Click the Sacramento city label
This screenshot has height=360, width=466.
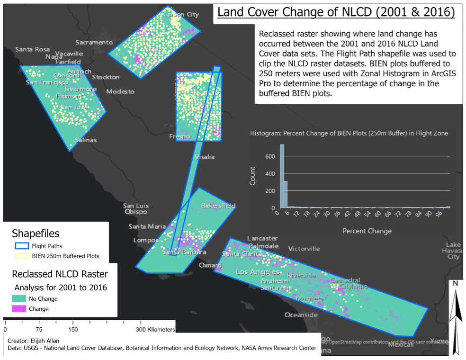coord(97,42)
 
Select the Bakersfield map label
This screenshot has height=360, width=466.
coord(218,206)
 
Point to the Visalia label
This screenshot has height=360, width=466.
coord(204,157)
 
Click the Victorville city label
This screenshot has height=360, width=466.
coord(304,249)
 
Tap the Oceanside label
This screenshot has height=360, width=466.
coord(301,315)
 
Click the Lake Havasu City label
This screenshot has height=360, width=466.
coord(453,251)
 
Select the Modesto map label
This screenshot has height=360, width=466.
coord(120,91)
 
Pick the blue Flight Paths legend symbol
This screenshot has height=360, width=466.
coord(21,246)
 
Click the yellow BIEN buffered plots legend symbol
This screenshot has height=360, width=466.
coord(21,256)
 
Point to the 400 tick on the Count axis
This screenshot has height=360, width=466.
coord(269,173)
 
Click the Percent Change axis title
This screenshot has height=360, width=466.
coord(366,231)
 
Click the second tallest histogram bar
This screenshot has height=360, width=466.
coord(286,195)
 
